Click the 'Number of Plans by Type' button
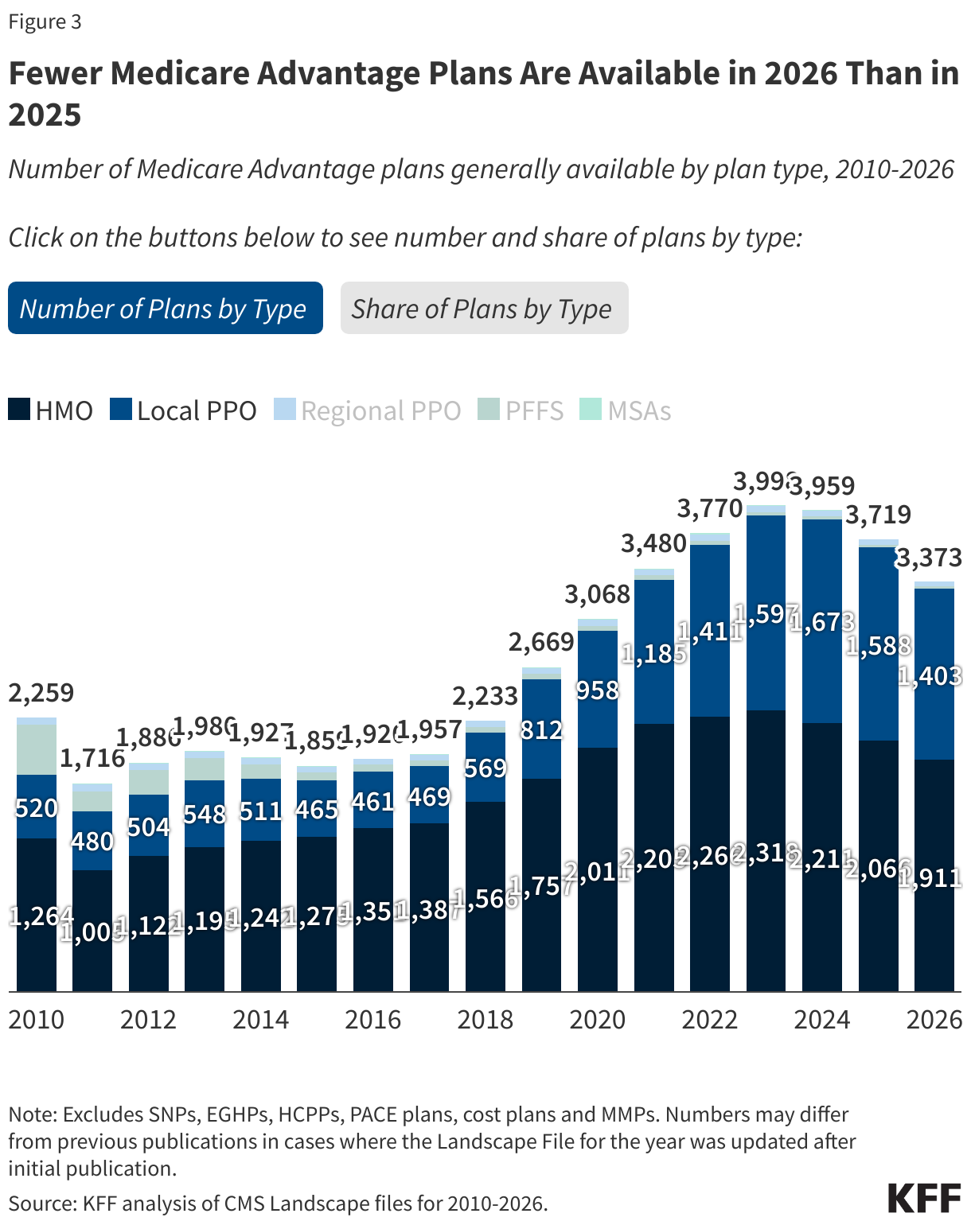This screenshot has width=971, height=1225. point(165,308)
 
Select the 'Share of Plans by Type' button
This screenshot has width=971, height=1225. point(484,308)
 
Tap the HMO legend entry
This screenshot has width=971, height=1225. point(51,410)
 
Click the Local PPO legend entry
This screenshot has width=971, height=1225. point(184,410)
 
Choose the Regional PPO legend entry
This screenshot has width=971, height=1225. point(368,410)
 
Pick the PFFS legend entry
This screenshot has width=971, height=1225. point(521,410)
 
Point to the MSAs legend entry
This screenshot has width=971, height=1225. point(626,410)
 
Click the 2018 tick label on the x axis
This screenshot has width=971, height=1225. point(485,1020)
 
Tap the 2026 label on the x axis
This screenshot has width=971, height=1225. point(934,1020)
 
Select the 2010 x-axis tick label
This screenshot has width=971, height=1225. point(37,1020)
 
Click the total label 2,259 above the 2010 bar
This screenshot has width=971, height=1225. point(41,693)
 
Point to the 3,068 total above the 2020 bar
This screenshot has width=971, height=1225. point(597,594)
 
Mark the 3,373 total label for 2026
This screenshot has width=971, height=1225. point(930,558)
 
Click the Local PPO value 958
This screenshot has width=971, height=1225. point(597,690)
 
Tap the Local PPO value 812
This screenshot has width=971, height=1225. point(541,729)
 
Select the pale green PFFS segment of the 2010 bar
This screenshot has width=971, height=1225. point(37,749)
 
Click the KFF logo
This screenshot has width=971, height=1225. point(923,1198)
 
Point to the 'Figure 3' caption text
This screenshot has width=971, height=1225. point(45,21)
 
